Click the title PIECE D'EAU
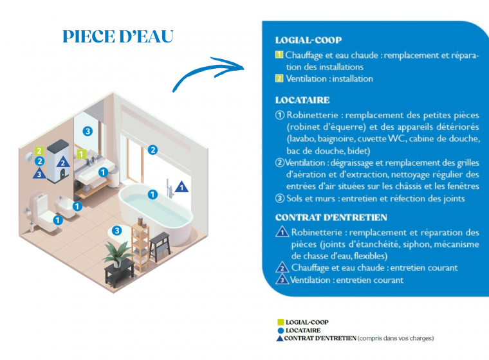118,37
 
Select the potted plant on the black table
118,255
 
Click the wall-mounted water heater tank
58,161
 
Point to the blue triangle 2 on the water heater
63,162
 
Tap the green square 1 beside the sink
82,154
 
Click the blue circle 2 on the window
152,150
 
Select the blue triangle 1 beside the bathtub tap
182,187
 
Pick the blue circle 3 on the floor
116,231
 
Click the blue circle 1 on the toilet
58,221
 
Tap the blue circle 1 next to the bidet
77,206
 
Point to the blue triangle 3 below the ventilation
39,174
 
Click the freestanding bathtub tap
169,188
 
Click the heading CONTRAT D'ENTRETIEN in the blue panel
331,217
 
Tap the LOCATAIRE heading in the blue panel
302,100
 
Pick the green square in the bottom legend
281,322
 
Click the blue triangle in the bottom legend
280,338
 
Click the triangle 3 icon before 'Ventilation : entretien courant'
282,279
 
